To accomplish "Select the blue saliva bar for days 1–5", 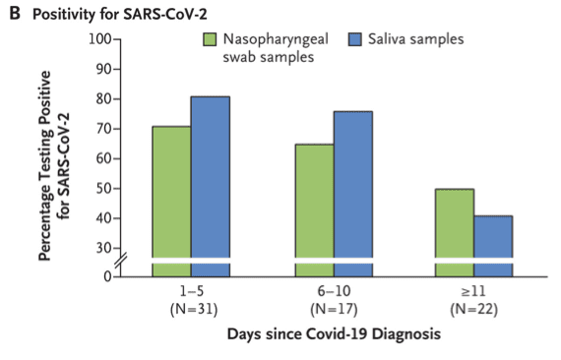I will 211,182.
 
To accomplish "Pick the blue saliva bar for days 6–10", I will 353,187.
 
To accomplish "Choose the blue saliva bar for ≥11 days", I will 494,237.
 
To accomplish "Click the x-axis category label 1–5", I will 191,293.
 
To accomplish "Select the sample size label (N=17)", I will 334,310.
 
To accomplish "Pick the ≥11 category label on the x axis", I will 475,293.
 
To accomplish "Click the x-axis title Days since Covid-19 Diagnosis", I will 333,334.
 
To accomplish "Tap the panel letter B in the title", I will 15,11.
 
